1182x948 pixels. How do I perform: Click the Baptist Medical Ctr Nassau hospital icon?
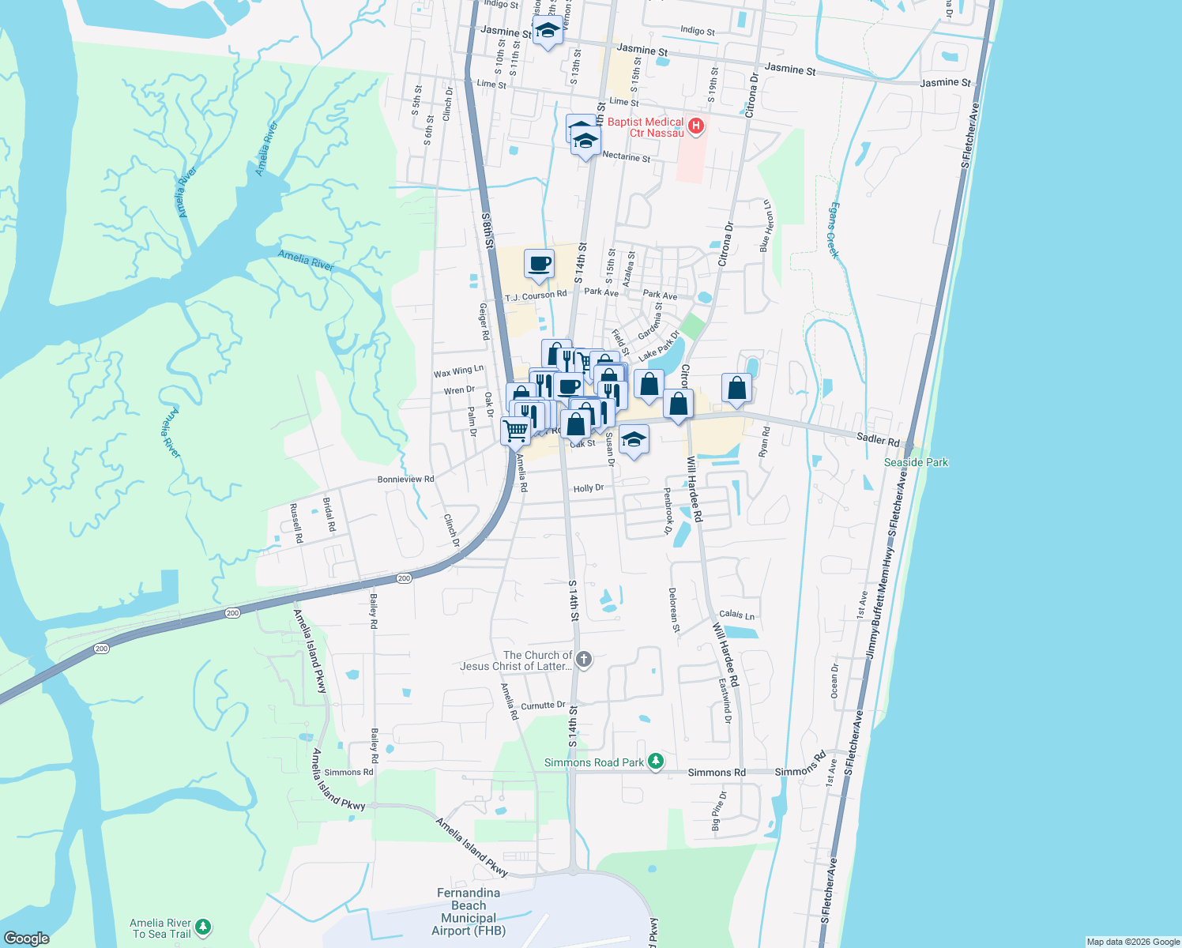[696, 126]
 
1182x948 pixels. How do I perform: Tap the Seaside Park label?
[916, 462]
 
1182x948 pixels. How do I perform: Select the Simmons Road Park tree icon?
[655, 762]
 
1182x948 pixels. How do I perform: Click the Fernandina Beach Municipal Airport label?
[469, 912]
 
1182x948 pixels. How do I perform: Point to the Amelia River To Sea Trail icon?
[203, 927]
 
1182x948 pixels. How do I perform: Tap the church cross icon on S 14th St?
[584, 660]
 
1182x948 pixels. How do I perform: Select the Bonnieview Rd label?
[405, 480]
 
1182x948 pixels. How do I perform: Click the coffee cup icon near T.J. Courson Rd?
[539, 264]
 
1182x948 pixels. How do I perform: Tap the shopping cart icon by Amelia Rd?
[516, 431]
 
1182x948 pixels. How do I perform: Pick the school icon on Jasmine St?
[548, 32]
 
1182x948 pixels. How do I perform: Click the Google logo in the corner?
[26, 938]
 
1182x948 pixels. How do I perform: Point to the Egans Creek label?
[833, 230]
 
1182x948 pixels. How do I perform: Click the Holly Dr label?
[588, 488]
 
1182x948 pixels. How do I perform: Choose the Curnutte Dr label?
[543, 705]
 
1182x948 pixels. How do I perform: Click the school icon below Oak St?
[634, 439]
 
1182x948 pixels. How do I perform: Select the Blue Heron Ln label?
[765, 226]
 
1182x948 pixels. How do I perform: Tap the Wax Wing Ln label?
[458, 371]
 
